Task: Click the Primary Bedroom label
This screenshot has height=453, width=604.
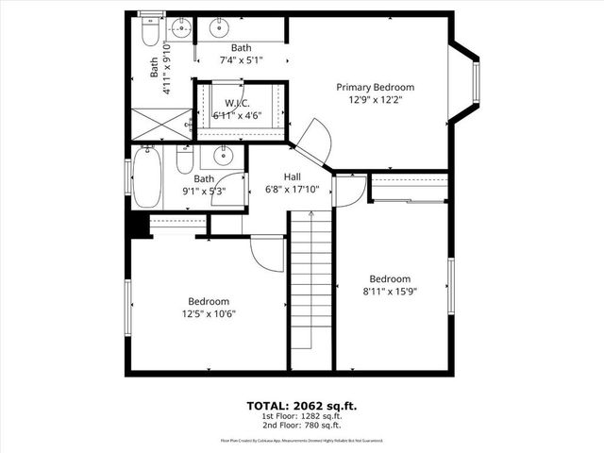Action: (x=376, y=87)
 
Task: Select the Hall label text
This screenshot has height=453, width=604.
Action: (x=293, y=176)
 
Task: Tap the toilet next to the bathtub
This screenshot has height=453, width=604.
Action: (x=184, y=163)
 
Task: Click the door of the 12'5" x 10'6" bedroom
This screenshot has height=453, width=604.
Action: (x=266, y=253)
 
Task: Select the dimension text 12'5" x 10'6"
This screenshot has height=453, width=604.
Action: (x=209, y=314)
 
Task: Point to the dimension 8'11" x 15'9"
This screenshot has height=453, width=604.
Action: (x=390, y=292)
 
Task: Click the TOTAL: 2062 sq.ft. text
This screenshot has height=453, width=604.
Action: (x=301, y=406)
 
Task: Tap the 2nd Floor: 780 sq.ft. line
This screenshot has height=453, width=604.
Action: (x=302, y=426)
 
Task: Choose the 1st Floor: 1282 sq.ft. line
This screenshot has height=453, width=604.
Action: (x=302, y=416)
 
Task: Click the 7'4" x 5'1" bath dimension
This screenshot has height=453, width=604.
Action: (x=241, y=60)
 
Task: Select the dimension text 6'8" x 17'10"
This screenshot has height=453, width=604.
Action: (x=293, y=189)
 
